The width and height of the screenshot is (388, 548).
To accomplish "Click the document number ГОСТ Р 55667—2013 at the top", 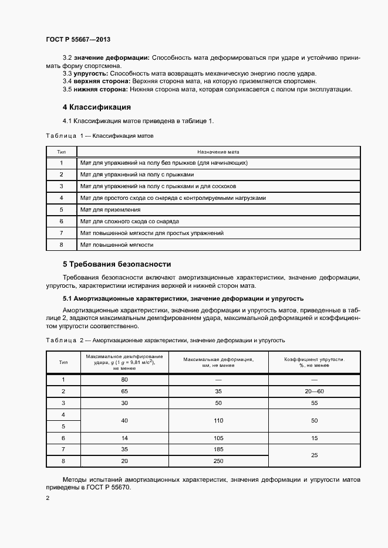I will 78,39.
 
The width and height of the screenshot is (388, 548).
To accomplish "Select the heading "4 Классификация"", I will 97,107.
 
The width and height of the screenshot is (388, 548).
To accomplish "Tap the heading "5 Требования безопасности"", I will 117,264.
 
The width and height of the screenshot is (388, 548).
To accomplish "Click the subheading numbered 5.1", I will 183,298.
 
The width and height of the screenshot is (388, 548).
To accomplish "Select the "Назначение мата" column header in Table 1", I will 218,151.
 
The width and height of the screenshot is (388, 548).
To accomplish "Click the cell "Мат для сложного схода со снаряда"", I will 130,221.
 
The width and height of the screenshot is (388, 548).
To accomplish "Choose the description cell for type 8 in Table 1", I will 117,244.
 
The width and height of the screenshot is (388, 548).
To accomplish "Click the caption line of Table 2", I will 165,340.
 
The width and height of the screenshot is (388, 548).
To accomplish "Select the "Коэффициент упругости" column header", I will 314,362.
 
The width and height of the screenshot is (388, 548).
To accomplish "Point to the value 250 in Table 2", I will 218,461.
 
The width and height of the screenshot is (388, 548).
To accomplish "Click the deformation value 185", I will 218,449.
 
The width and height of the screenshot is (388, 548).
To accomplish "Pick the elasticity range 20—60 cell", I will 314,391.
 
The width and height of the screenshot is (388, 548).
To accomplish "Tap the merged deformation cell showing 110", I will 218,420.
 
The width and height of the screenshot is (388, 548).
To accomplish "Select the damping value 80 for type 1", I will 124,379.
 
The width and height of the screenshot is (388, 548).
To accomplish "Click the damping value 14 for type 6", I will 124,438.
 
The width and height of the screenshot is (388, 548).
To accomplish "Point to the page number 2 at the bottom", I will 48,498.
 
